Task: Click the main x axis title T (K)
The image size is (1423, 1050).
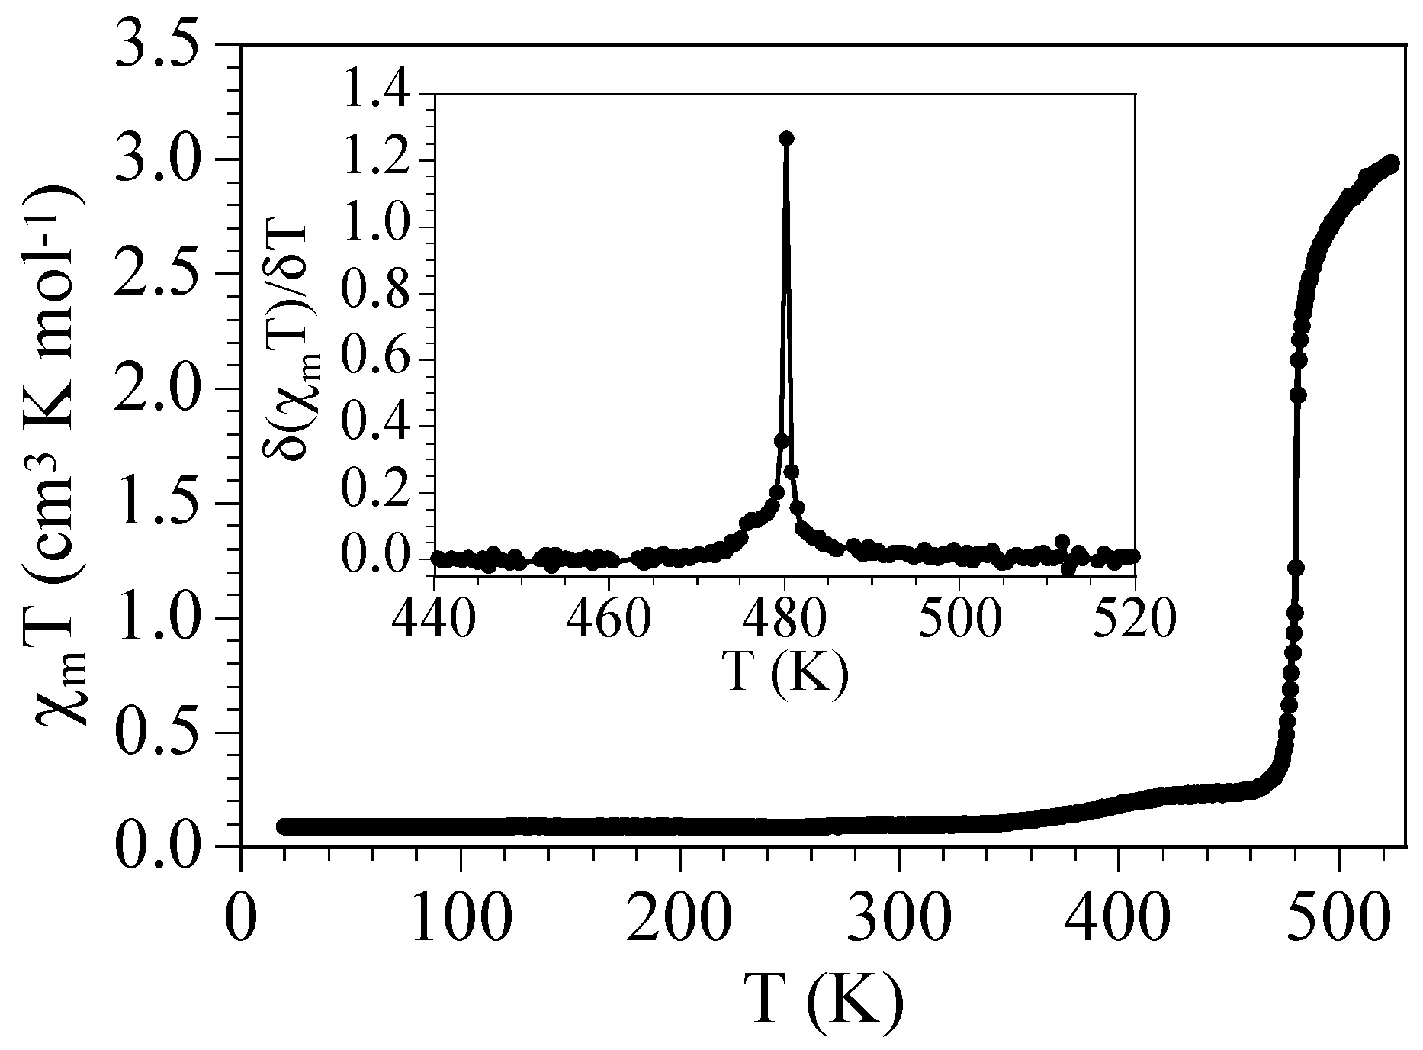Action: pyautogui.click(x=824, y=1000)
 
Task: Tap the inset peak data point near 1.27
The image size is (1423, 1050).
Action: pyautogui.click(x=786, y=138)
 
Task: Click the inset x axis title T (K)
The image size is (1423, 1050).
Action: pyautogui.click(x=785, y=672)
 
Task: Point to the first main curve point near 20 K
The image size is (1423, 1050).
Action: pyautogui.click(x=284, y=826)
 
